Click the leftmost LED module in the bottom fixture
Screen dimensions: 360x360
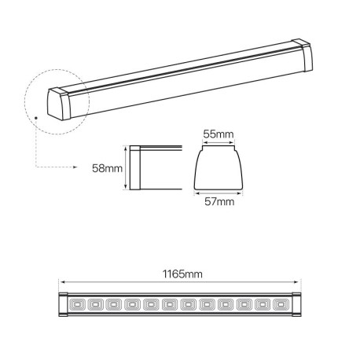click(78, 303)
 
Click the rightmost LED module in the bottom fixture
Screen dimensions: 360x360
click(283, 303)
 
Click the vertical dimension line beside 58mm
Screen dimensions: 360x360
click(127, 167)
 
